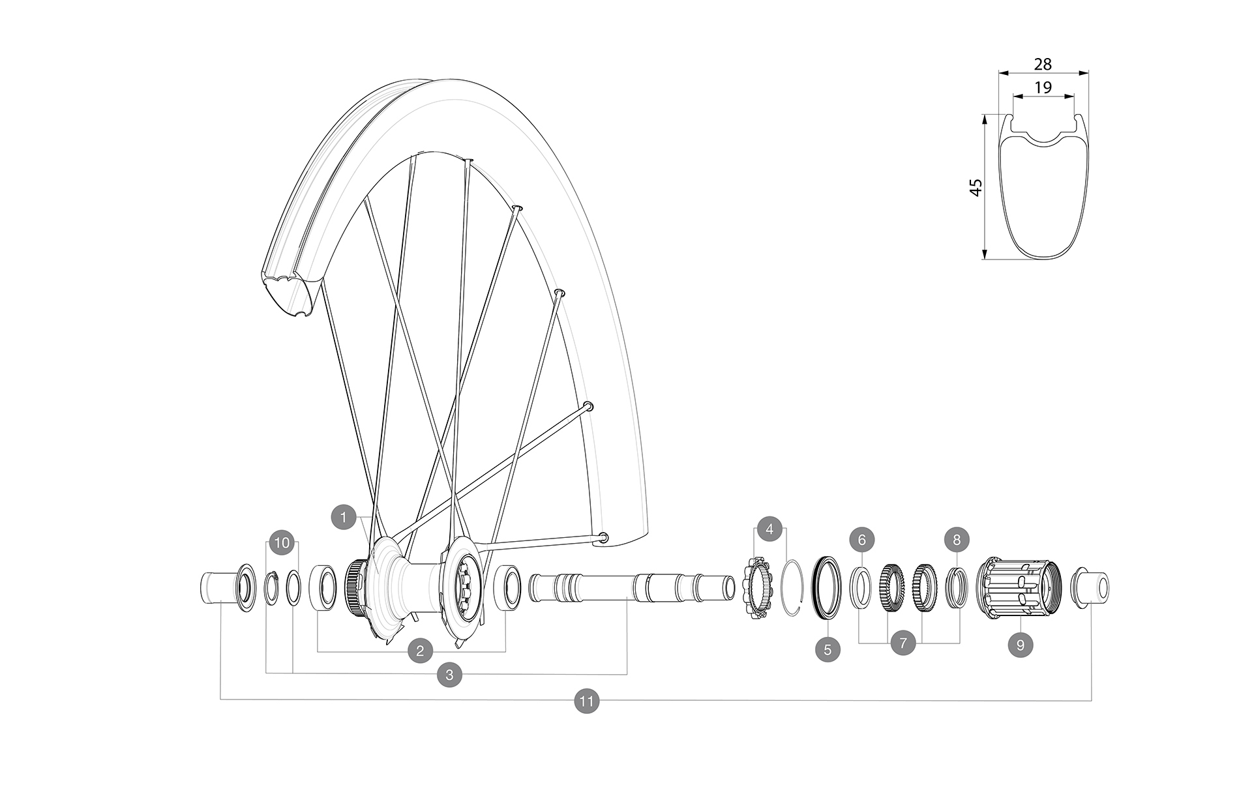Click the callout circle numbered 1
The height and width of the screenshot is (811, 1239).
pos(343,518)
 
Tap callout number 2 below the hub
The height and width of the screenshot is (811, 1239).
pos(420,650)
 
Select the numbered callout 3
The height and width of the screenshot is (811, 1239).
pos(449,675)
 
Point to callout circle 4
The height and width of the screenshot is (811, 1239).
pos(769,529)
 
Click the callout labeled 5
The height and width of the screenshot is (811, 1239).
pos(828,649)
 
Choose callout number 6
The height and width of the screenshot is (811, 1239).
pos(861,540)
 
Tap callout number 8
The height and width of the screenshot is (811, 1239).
pos(957,540)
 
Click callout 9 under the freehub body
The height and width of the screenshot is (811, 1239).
pos(1021,645)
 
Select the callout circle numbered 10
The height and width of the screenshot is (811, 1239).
pos(282,542)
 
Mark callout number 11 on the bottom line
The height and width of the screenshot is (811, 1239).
pos(586,701)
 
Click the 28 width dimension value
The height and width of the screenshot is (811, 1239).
pos(1043,64)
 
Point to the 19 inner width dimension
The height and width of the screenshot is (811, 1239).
pos(1043,87)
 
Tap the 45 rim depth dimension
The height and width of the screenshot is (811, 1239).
pos(976,188)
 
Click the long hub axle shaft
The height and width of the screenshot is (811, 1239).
pos(633,587)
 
